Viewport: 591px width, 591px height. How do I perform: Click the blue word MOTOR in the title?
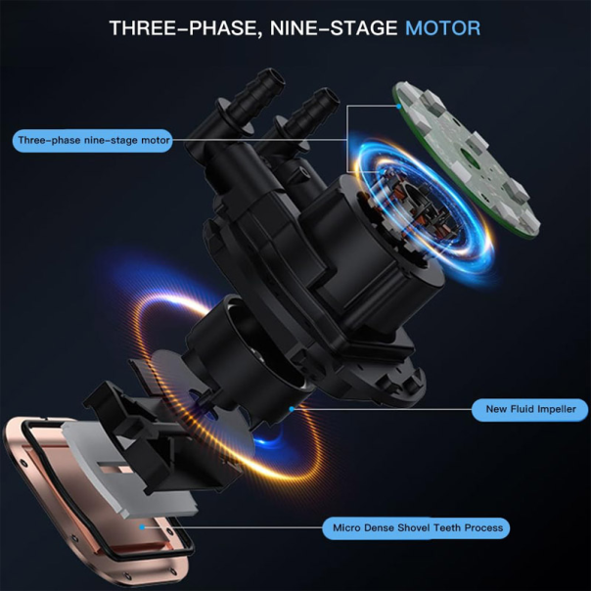pos(443,28)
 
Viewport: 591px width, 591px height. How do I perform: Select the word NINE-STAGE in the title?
pos(334,28)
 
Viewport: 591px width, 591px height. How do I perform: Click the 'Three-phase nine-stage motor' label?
pos(93,141)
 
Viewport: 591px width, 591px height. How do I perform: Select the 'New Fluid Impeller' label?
pos(529,410)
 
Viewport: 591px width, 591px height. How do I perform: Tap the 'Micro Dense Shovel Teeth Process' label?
pos(416,528)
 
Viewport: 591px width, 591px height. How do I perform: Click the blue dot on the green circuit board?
pos(399,107)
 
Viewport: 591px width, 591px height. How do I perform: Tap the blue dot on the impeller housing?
pos(292,409)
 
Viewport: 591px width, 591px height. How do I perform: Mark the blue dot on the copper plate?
pos(142,527)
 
